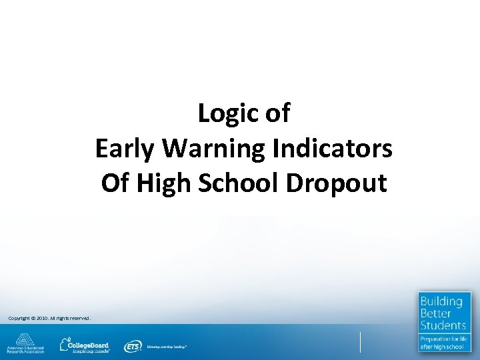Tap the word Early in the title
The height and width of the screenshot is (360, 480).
pos(125,148)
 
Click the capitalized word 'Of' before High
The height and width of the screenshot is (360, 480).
pos(115,182)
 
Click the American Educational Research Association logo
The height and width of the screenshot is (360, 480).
pos(25,343)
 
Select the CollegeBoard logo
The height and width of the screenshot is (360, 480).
pos(85,345)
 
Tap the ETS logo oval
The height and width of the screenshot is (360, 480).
pos(132,346)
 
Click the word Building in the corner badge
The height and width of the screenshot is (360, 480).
pos(441,301)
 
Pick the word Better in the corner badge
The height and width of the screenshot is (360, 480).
pos(435,313)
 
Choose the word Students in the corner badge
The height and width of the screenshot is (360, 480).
pos(443,325)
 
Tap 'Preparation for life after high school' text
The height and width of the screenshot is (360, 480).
pos(444,343)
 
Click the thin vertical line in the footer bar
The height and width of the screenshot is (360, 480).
pos(361,341)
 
